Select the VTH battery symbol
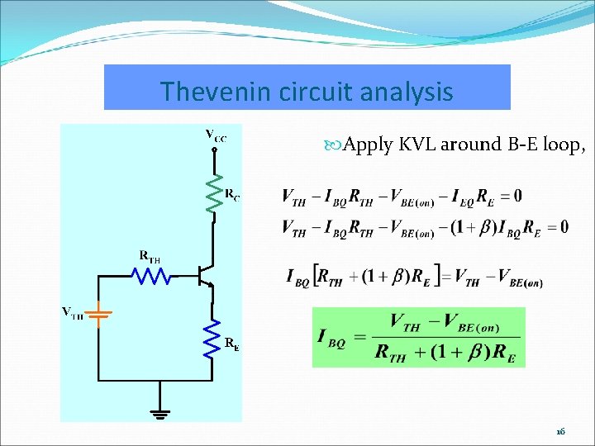[99, 315]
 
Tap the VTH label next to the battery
[73, 312]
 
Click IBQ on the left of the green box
[332, 338]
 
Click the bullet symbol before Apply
[334, 146]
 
